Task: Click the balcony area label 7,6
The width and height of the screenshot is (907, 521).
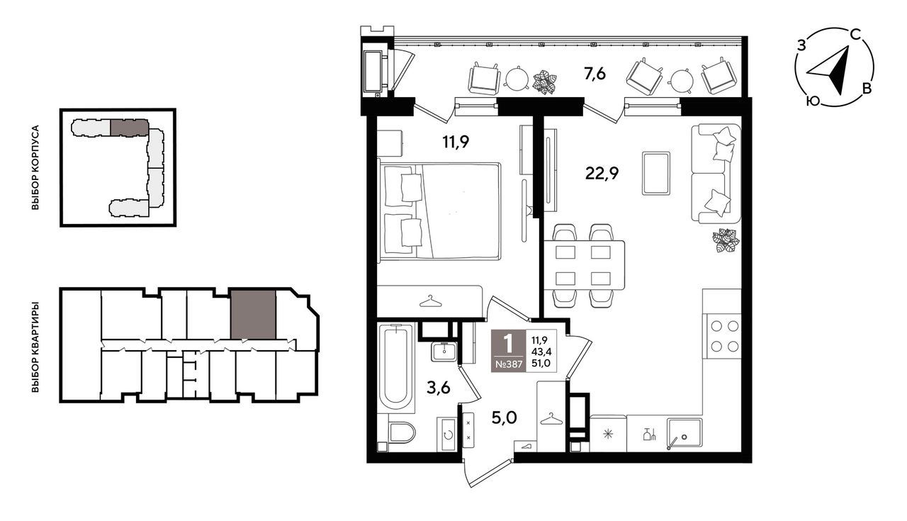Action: click(x=595, y=75)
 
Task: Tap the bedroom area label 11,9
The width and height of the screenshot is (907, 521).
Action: click(x=456, y=142)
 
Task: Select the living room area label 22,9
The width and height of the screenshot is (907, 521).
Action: click(x=602, y=174)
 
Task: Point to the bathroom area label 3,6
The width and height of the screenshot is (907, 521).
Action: click(x=438, y=388)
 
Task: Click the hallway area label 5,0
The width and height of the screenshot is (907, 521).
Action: click(x=504, y=418)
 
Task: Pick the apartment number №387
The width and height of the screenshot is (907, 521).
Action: click(x=509, y=364)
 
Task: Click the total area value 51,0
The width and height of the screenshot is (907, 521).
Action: click(x=541, y=364)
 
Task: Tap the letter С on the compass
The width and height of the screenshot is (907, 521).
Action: click(x=855, y=35)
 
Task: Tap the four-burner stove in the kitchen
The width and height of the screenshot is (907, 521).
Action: click(x=724, y=336)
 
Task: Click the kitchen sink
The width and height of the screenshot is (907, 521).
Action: click(x=684, y=434)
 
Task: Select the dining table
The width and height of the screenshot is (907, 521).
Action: click(x=583, y=265)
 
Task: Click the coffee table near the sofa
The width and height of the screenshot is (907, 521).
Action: click(x=656, y=174)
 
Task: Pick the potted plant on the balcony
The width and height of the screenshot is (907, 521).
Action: click(x=544, y=82)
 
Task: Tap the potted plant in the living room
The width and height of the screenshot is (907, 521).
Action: click(x=726, y=240)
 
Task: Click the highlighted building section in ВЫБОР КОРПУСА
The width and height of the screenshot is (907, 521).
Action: click(x=129, y=128)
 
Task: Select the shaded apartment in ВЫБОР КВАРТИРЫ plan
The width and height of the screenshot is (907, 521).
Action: click(x=253, y=314)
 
